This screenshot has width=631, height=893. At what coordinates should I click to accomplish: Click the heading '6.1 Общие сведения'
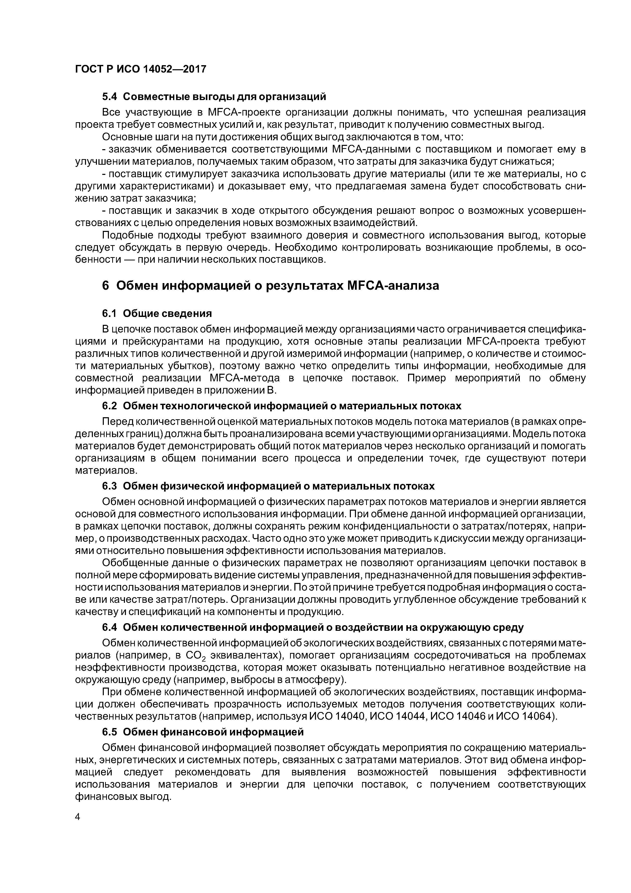[157, 313]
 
